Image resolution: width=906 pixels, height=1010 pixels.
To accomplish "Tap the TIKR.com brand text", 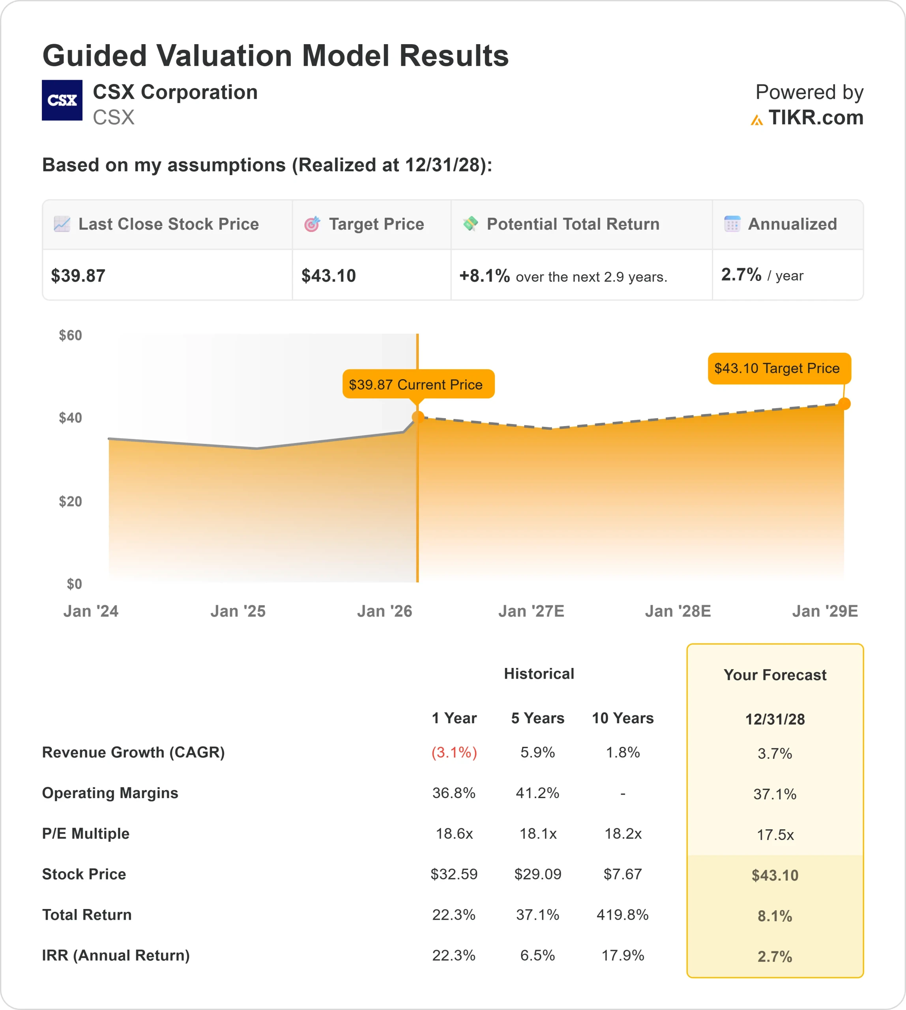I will click(x=815, y=118).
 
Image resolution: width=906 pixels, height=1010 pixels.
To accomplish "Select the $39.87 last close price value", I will click(x=78, y=276).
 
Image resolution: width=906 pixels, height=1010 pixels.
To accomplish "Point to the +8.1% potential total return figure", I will click(x=484, y=276).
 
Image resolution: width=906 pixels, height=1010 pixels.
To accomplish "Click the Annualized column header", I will click(x=792, y=224).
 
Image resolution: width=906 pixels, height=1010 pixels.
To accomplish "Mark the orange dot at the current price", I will click(x=417, y=417).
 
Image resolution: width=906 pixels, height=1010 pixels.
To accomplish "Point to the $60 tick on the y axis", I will click(x=70, y=335).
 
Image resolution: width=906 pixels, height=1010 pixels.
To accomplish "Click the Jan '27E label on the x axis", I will click(x=531, y=611).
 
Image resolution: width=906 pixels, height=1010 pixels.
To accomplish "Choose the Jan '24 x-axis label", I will click(x=91, y=611).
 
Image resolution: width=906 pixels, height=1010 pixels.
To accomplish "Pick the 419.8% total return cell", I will click(x=622, y=915).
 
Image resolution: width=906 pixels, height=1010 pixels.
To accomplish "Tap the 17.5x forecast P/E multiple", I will click(x=775, y=835).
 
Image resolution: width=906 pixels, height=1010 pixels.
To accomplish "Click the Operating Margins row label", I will click(x=110, y=793).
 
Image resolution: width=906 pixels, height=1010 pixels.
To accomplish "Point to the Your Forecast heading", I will click(x=775, y=675).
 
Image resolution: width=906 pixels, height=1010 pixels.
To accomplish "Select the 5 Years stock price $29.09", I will click(x=537, y=874).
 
